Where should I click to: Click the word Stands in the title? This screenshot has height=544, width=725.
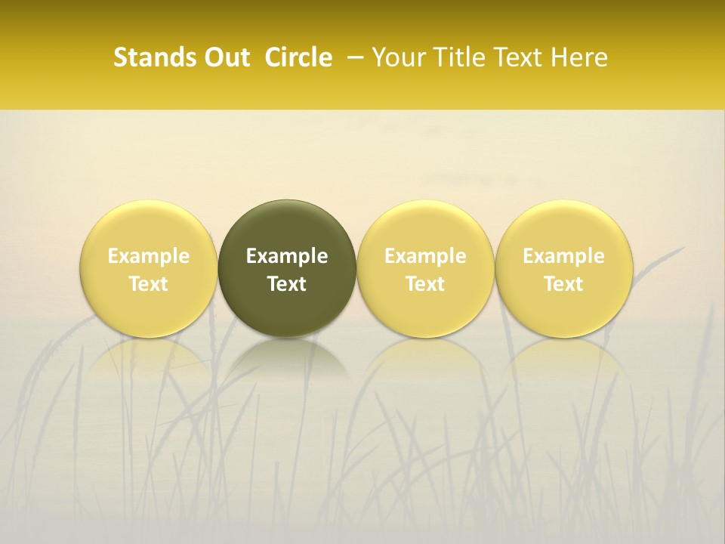[148, 57]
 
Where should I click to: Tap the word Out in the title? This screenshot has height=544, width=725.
[225, 57]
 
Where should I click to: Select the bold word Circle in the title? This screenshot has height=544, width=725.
[298, 57]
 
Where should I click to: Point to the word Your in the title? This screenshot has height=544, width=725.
[398, 57]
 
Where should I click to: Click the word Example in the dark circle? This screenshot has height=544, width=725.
[287, 256]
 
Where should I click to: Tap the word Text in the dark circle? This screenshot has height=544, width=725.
[287, 284]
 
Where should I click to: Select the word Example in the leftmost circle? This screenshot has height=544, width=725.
[149, 256]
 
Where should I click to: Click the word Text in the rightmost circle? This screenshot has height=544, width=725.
[563, 284]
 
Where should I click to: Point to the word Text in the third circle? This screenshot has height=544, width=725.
[425, 284]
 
